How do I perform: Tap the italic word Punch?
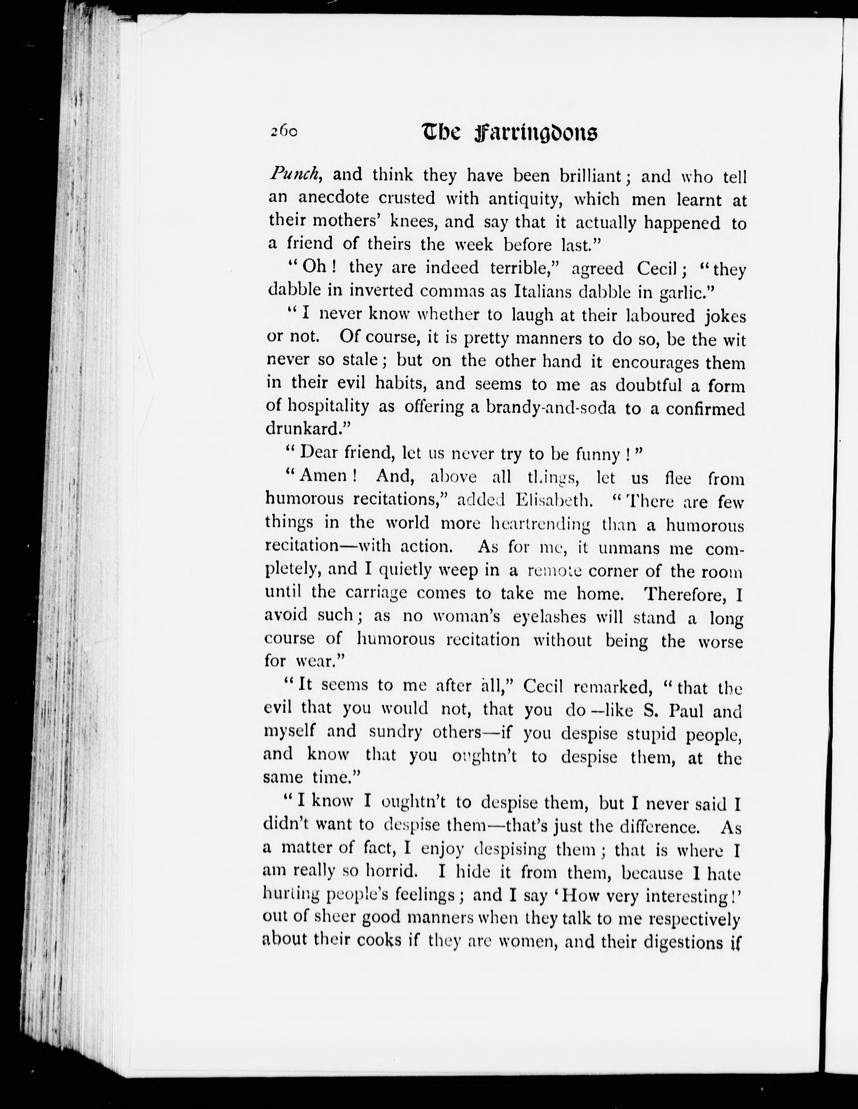295,175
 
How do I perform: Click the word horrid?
391,871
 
